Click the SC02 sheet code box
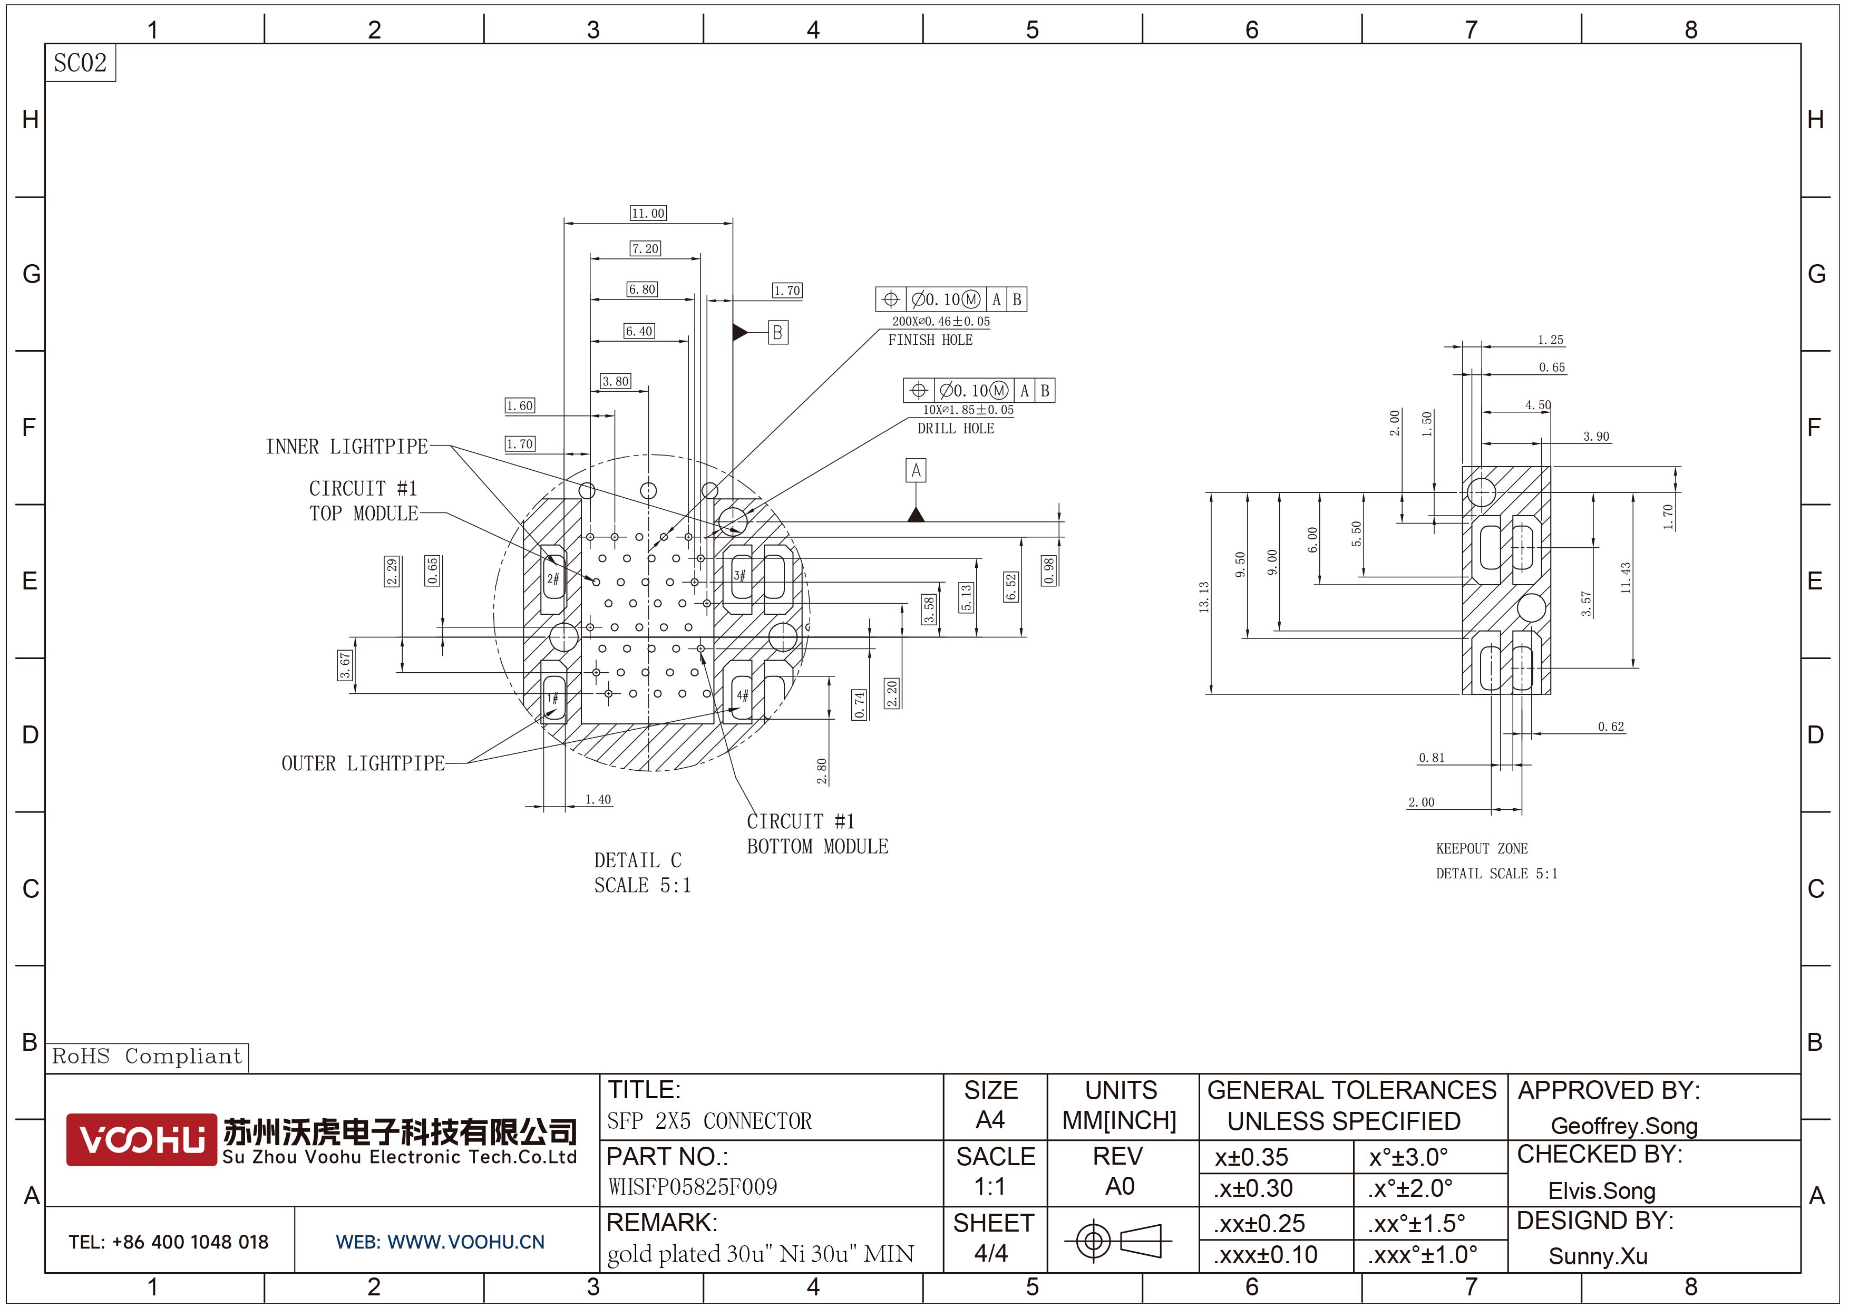click(x=80, y=63)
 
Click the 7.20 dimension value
click(x=645, y=249)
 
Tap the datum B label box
click(x=777, y=333)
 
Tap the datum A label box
click(x=916, y=470)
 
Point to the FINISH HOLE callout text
click(x=930, y=341)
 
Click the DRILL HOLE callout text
click(x=956, y=429)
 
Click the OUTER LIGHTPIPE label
click(x=363, y=763)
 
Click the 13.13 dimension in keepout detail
click(x=1204, y=597)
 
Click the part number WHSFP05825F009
click(x=693, y=1187)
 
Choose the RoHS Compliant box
click(x=147, y=1057)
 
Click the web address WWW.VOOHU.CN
click(x=441, y=1242)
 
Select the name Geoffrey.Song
click(x=1623, y=1126)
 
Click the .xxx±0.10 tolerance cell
click(x=1266, y=1255)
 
